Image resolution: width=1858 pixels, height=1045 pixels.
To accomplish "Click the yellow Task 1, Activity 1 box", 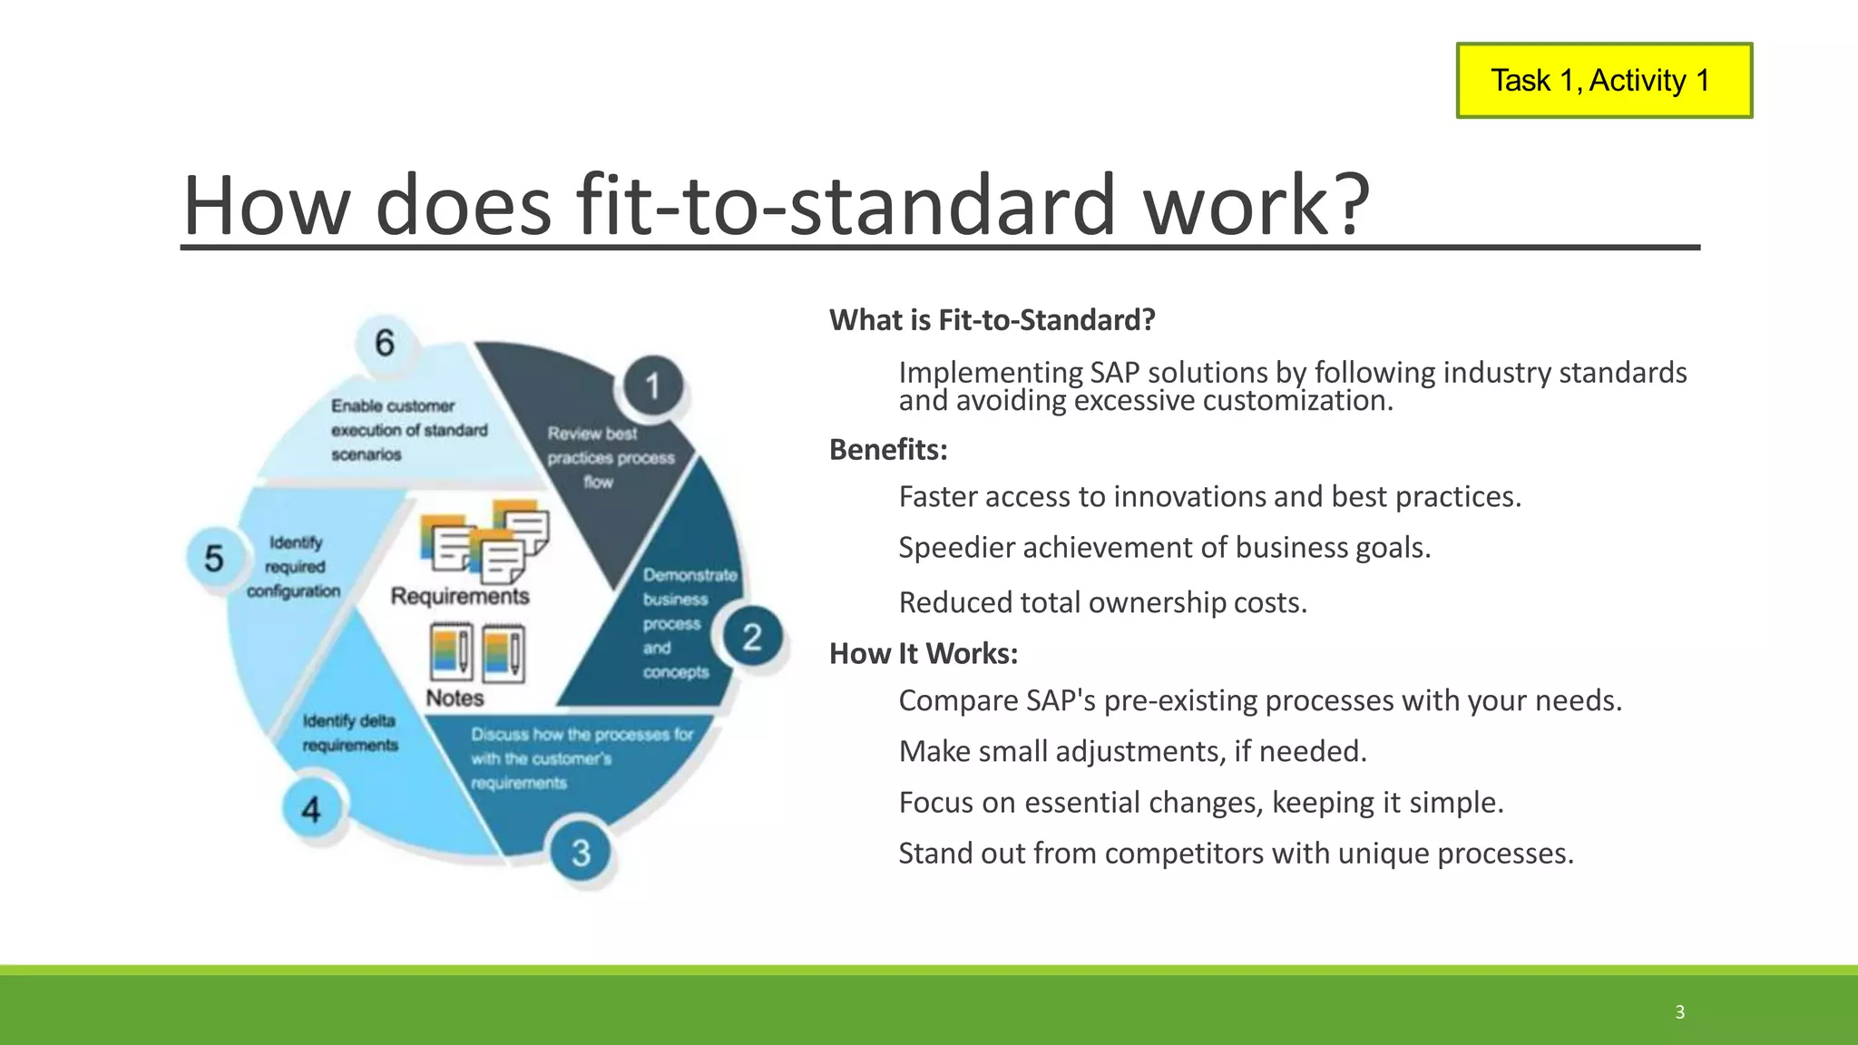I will pyautogui.click(x=1603, y=81).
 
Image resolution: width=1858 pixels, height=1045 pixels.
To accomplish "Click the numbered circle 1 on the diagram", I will pyautogui.click(x=652, y=387).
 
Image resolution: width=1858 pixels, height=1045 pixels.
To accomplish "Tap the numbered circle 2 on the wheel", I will pyautogui.click(x=752, y=637).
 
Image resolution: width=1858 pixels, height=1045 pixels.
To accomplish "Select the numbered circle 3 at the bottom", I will pyautogui.click(x=581, y=853).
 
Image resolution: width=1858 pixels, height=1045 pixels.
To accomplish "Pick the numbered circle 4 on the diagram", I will pyautogui.click(x=311, y=809).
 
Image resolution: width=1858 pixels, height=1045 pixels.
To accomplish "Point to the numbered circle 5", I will pyautogui.click(x=214, y=558).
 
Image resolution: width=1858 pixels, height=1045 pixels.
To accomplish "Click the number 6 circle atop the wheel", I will pyautogui.click(x=385, y=343).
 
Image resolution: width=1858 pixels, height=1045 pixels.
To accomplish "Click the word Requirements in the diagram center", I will pyautogui.click(x=460, y=596).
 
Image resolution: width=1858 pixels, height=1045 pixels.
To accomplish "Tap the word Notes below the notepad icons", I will pyautogui.click(x=455, y=698).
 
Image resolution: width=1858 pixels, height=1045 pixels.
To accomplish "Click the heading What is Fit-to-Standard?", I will pyautogui.click(x=992, y=320).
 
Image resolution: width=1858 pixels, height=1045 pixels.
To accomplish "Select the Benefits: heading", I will pyautogui.click(x=888, y=450).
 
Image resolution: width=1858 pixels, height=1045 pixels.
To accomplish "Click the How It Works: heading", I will pyautogui.click(x=924, y=654).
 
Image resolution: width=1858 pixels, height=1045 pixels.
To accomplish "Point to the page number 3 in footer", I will pyautogui.click(x=1679, y=1012).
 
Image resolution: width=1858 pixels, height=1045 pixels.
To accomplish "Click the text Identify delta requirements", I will pyautogui.click(x=350, y=733).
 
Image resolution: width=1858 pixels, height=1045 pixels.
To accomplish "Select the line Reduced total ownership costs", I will pyautogui.click(x=1102, y=602).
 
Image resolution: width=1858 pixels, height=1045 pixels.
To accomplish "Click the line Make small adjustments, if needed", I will pyautogui.click(x=1132, y=751).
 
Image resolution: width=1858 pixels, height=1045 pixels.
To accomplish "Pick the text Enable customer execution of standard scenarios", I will pyautogui.click(x=407, y=430).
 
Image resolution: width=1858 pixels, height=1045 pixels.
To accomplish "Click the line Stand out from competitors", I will pyautogui.click(x=1236, y=854).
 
